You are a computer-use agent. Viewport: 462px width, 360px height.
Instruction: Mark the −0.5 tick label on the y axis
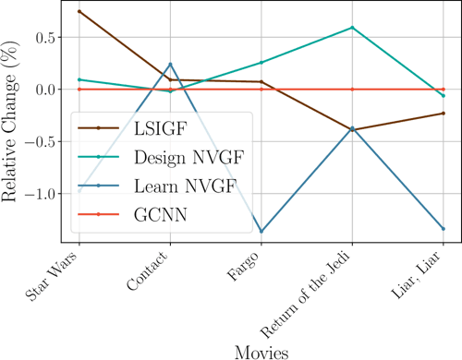[x=38, y=141]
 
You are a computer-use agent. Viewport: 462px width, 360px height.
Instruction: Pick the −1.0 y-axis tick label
[x=38, y=194]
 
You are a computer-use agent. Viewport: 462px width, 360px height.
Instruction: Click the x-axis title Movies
[x=261, y=351]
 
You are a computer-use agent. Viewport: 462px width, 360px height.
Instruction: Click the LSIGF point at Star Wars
[x=79, y=11]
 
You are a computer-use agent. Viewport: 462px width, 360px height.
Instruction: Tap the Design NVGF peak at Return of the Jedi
[x=352, y=28]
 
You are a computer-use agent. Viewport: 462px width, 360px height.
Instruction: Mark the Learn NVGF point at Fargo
[x=261, y=232]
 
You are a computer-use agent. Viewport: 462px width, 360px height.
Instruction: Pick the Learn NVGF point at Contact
[x=170, y=64]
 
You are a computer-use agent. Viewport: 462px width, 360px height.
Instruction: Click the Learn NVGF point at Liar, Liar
[x=443, y=229]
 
